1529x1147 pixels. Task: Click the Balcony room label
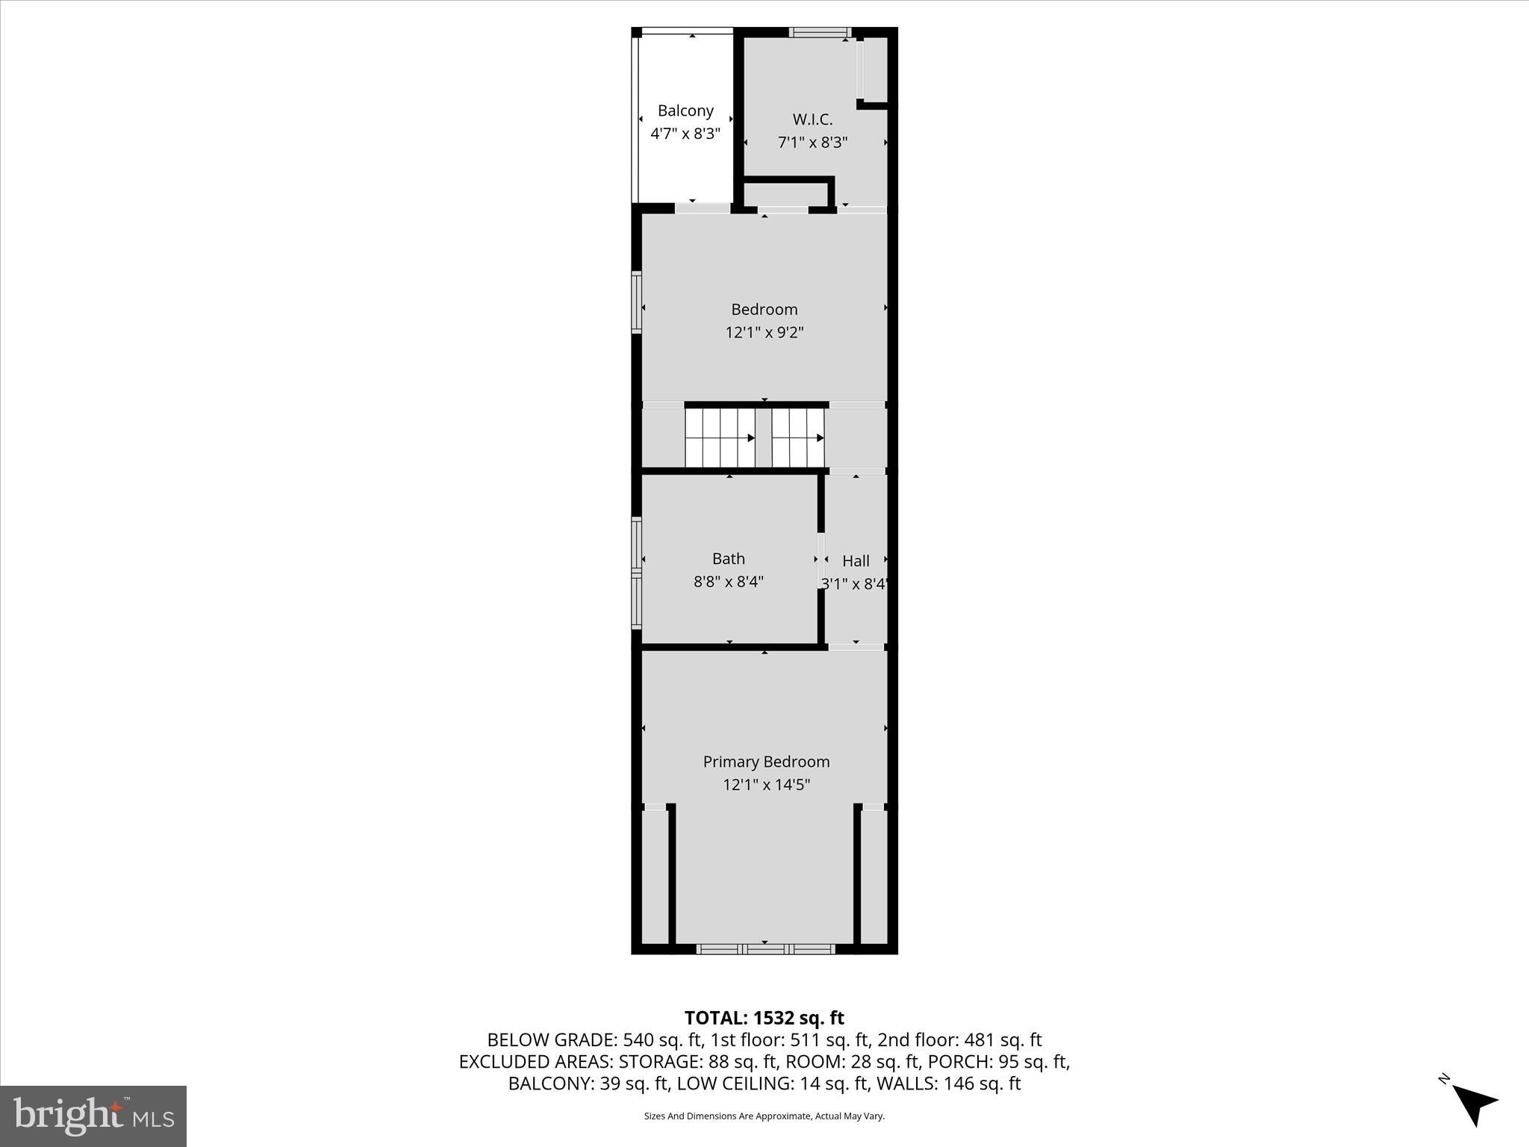point(685,111)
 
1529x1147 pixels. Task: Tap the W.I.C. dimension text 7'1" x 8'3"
point(812,142)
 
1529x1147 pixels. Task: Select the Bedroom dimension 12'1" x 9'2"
point(764,332)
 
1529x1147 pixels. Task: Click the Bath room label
point(728,559)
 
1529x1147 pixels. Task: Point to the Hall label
point(856,561)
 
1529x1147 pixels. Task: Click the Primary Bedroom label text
point(766,762)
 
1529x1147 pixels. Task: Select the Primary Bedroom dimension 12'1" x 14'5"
point(766,785)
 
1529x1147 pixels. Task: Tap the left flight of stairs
point(720,438)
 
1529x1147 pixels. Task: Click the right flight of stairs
point(798,438)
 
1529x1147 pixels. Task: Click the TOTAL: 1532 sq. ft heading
point(764,1018)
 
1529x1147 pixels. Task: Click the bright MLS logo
point(93,1116)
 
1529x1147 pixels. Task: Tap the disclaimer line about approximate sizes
point(764,1116)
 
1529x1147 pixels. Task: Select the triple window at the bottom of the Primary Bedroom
point(765,949)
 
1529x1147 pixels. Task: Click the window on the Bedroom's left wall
point(637,302)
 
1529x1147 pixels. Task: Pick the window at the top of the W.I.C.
point(820,32)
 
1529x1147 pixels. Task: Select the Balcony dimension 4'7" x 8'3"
point(685,134)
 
